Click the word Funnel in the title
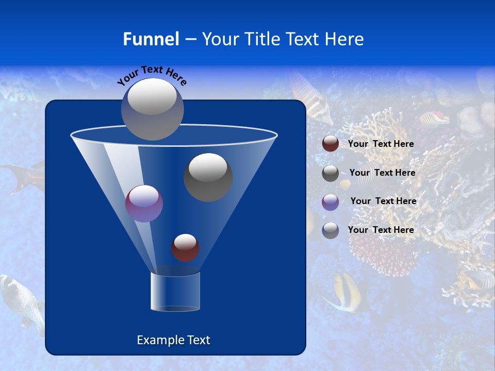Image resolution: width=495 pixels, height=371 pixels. click(x=151, y=39)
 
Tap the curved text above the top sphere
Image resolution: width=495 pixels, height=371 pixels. click(x=152, y=75)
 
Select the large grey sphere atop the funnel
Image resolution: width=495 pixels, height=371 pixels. click(x=152, y=109)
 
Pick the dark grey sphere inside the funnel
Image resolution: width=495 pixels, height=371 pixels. click(x=208, y=177)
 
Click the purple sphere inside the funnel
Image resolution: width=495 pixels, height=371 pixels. click(x=144, y=203)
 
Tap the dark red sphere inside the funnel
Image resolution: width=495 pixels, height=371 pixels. click(x=185, y=247)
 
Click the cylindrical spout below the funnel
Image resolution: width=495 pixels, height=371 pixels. click(x=175, y=291)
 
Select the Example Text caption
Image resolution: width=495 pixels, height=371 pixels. click(x=173, y=340)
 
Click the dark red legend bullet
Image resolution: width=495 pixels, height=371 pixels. click(x=331, y=144)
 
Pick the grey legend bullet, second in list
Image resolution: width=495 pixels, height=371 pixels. click(x=331, y=173)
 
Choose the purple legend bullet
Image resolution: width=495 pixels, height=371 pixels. click(x=331, y=201)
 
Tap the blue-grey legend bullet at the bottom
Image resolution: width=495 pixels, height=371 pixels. click(x=331, y=230)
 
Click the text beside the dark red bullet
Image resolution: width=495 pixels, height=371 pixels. click(x=381, y=144)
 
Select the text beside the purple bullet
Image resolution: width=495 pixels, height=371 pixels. click(x=383, y=201)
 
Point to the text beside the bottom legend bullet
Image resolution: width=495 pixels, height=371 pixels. click(x=381, y=230)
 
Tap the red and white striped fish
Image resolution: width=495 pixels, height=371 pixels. click(x=434, y=120)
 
